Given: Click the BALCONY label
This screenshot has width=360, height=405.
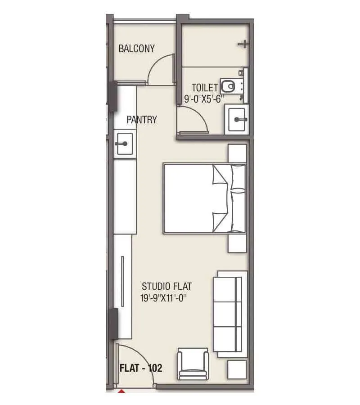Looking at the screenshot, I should click(136, 49).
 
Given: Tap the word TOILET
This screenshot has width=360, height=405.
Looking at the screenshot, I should click(205, 88).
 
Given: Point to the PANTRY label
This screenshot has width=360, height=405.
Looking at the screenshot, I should click(142, 120).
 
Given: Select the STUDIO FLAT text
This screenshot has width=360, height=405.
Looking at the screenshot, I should click(167, 286).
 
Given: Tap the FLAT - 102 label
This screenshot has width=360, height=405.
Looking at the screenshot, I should click(141, 368).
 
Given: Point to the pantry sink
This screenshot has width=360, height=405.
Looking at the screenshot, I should click(124, 144).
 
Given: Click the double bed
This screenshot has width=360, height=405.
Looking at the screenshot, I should click(205, 198).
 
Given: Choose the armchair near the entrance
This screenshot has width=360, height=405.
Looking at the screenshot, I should click(193, 364).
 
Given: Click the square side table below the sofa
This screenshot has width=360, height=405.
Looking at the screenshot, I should click(237, 369).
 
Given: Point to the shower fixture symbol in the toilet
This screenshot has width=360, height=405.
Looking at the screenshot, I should click(243, 44).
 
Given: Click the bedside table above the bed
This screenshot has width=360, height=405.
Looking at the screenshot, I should click(237, 153).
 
